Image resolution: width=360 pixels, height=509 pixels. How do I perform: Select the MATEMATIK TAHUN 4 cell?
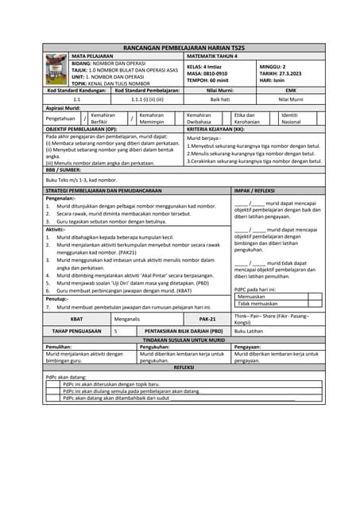pos(214,57)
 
